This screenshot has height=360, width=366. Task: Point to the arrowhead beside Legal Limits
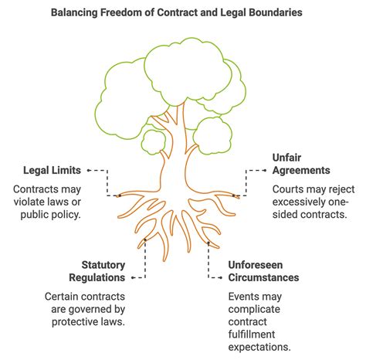click(89, 170)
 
